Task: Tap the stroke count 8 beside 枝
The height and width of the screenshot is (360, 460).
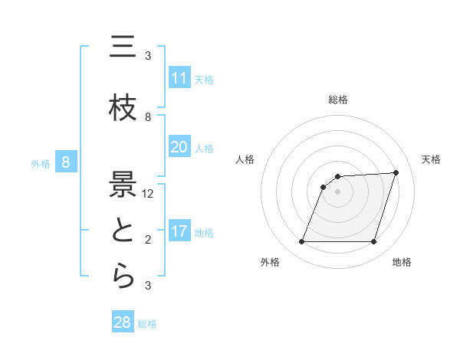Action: pyautogui.click(x=148, y=117)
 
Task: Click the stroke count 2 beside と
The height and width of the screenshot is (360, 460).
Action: pyautogui.click(x=148, y=240)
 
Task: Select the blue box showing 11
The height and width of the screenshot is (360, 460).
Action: pyautogui.click(x=179, y=78)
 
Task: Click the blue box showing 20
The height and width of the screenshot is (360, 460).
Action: pyautogui.click(x=179, y=147)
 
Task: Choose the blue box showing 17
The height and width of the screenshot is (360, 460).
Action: pyautogui.click(x=179, y=231)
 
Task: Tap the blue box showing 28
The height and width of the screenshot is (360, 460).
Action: pyautogui.click(x=123, y=322)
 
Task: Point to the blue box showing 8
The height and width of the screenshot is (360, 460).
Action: pyautogui.click(x=67, y=162)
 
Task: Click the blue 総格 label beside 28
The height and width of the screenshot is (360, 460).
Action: pyautogui.click(x=147, y=324)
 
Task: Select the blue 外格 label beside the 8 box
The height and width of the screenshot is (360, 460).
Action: pyautogui.click(x=41, y=163)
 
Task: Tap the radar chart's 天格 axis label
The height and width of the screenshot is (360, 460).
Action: pyautogui.click(x=432, y=159)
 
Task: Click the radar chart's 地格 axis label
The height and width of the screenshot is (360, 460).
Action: pyautogui.click(x=402, y=262)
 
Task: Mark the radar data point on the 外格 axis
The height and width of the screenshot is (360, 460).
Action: pyautogui.click(x=302, y=242)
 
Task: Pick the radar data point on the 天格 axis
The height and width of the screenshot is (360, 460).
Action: pyautogui.click(x=396, y=172)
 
